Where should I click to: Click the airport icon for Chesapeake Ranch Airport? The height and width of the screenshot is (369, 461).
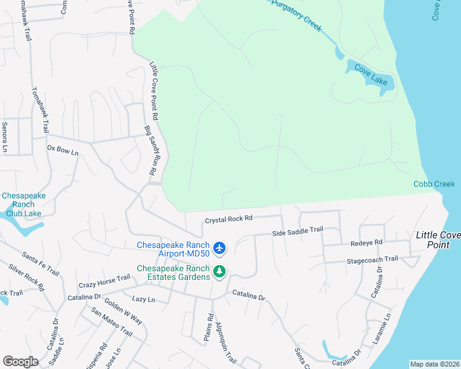pos(221,248)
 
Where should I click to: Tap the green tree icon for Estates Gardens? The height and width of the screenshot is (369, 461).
pos(219,271)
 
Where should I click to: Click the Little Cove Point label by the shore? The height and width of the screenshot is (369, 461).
pos(438,240)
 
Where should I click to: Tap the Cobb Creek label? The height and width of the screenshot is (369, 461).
pos(434,184)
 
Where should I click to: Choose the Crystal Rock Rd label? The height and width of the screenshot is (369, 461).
pos(229,219)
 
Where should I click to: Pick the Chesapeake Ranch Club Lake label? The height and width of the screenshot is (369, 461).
pos(23,205)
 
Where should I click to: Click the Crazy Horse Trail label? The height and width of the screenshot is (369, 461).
pos(104,282)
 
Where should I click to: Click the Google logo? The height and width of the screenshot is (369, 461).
pos(20,362)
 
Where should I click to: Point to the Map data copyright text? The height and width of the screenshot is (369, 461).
pos(434,364)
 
